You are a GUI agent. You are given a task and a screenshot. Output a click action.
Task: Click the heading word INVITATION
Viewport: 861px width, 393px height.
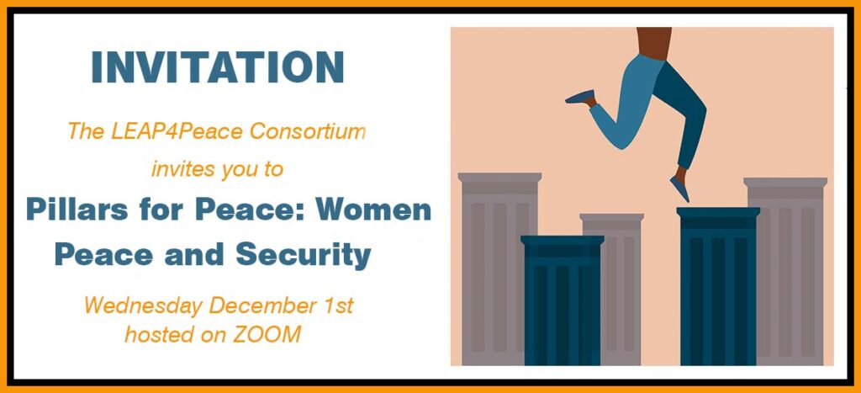pyautogui.click(x=218, y=67)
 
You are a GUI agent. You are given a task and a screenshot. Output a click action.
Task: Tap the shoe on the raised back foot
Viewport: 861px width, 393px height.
pyautogui.click(x=581, y=98)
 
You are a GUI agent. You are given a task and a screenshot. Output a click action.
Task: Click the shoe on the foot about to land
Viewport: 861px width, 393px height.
pyautogui.click(x=679, y=189)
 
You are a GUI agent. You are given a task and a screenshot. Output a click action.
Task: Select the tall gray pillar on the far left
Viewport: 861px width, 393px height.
pyautogui.click(x=499, y=268)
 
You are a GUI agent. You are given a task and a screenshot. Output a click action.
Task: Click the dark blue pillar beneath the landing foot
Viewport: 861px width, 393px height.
pyautogui.click(x=718, y=286)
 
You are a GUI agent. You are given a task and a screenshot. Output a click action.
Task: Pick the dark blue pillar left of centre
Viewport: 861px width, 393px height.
pyautogui.click(x=563, y=300)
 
